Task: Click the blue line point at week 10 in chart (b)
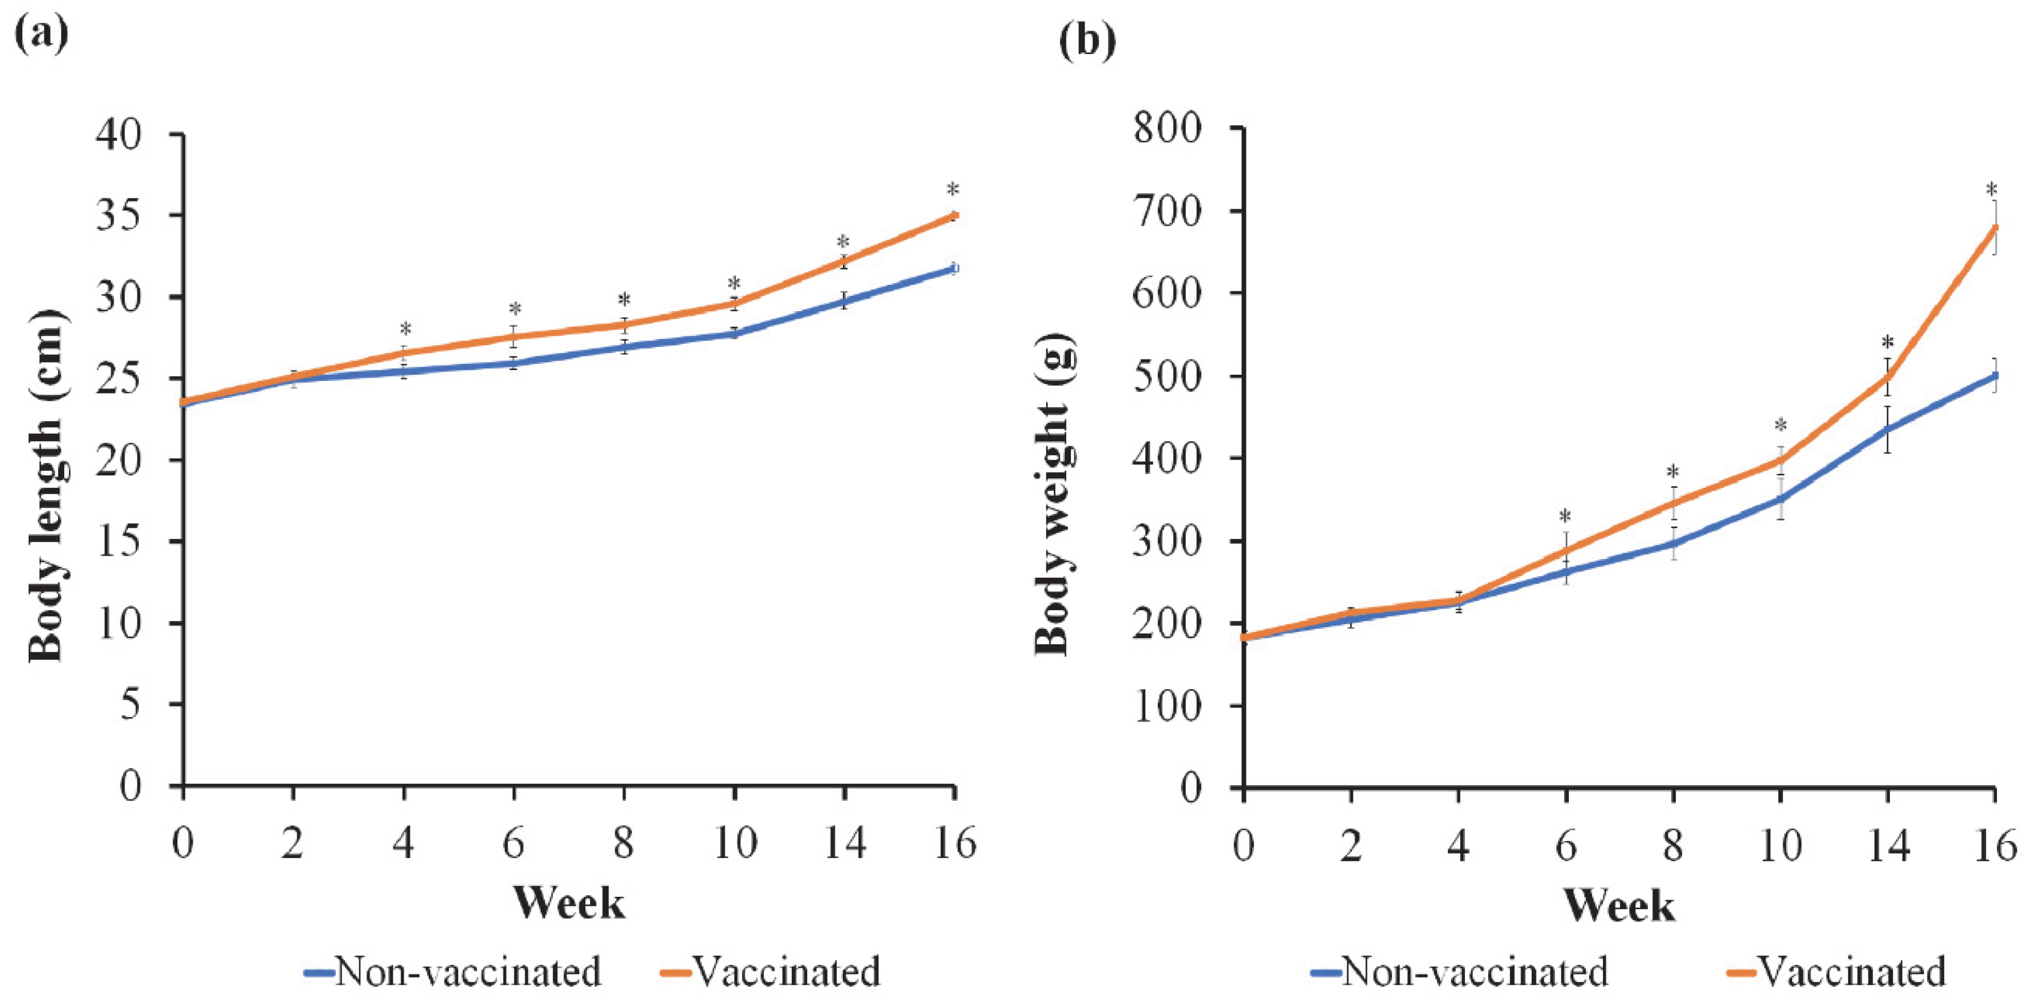1780,499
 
